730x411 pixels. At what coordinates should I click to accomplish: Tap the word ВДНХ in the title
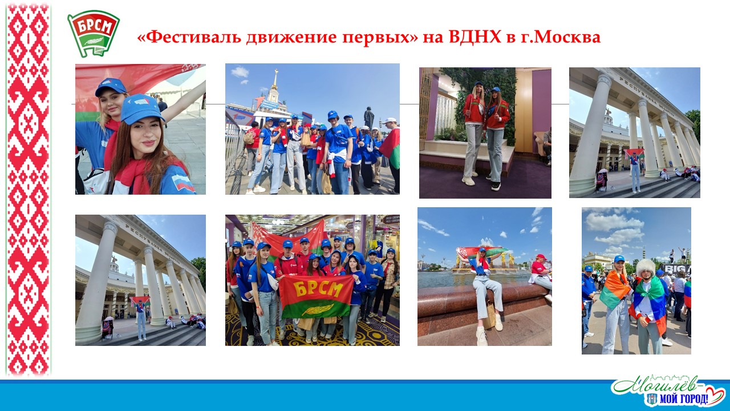474,37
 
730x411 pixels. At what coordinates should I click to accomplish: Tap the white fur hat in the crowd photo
644,267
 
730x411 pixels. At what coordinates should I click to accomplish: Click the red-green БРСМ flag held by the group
316,296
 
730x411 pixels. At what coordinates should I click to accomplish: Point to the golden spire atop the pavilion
275,79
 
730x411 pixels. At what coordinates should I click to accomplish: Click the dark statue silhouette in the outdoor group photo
368,118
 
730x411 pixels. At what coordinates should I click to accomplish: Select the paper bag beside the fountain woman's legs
489,316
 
